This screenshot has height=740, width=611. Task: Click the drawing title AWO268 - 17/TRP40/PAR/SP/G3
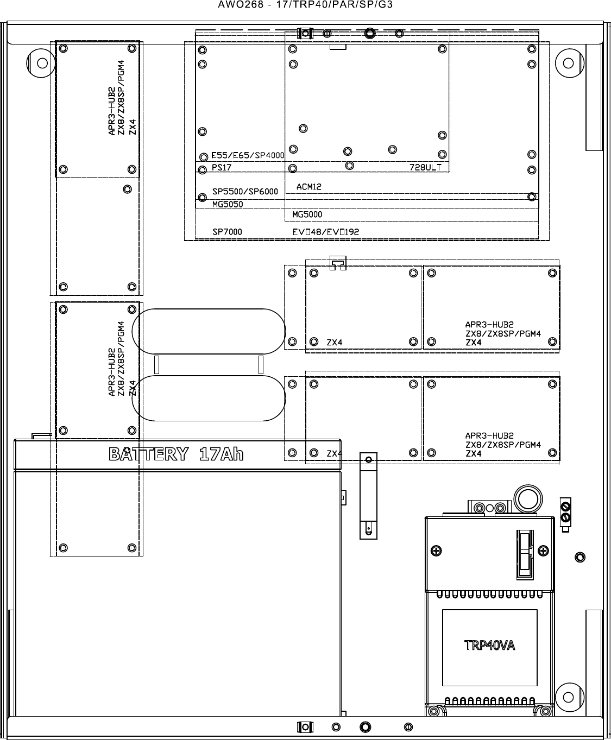[305, 4]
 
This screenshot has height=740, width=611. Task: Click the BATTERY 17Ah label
[177, 454]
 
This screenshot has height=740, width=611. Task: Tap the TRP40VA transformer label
[489, 646]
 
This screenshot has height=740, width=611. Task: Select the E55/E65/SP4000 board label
[248, 155]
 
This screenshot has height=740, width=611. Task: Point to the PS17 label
[221, 167]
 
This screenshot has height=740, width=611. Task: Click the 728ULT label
[426, 167]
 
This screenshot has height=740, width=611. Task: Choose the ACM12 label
[309, 187]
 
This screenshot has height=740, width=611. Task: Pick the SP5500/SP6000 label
[245, 192]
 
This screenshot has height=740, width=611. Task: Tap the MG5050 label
[228, 204]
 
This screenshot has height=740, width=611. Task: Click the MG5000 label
[307, 214]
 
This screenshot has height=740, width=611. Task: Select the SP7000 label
[227, 232]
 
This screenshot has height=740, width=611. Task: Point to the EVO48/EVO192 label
[325, 232]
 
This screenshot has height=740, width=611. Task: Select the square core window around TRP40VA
[490, 610]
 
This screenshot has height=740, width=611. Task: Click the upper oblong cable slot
[209, 309]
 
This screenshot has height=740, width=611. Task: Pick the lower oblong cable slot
[209, 376]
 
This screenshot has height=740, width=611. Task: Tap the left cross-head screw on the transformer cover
[436, 551]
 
